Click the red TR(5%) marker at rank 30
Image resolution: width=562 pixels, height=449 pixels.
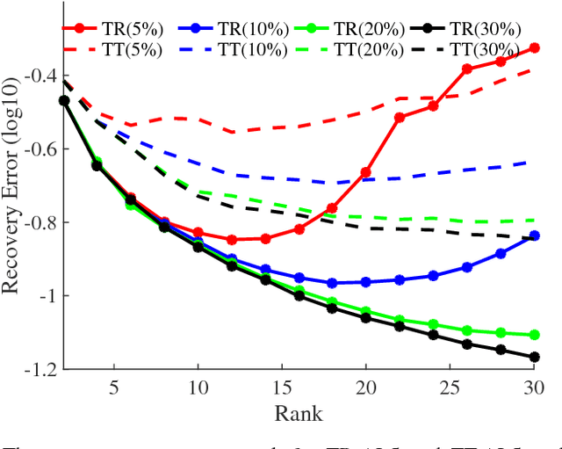[534, 48]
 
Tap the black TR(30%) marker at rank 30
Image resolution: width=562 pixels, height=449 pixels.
[534, 357]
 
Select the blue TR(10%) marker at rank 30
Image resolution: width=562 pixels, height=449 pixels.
[534, 235]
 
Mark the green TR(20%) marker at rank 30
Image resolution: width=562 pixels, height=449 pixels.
[534, 335]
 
